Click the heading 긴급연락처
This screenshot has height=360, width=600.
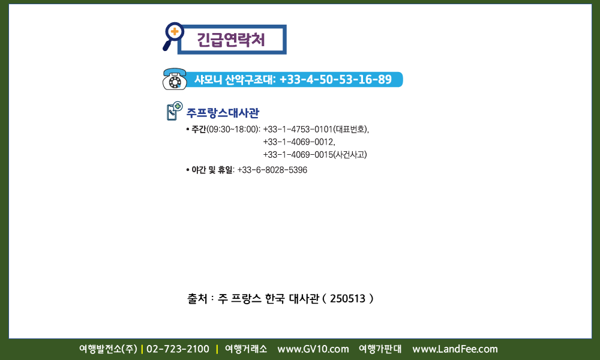231,40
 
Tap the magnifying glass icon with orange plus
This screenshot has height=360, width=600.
173,36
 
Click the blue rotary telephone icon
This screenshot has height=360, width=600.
175,79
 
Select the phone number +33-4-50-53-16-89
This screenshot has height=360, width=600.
335,80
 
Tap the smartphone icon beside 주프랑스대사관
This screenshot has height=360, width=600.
175,111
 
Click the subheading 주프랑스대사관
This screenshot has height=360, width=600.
223,113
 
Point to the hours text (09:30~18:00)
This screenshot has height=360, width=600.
233,130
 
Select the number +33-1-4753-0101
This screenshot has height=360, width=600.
298,130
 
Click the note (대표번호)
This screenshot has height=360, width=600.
350,130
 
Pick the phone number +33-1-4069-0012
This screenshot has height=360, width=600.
298,142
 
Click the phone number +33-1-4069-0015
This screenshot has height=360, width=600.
298,155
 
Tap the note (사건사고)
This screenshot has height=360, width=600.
350,155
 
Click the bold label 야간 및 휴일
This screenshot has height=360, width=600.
212,170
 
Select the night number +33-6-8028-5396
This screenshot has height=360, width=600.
272,170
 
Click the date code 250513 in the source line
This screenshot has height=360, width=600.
348,298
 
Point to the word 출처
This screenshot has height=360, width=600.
197,298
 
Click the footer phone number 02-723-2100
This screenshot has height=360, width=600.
178,349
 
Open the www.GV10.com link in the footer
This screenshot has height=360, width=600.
313,349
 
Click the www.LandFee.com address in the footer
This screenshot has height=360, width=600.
455,349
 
